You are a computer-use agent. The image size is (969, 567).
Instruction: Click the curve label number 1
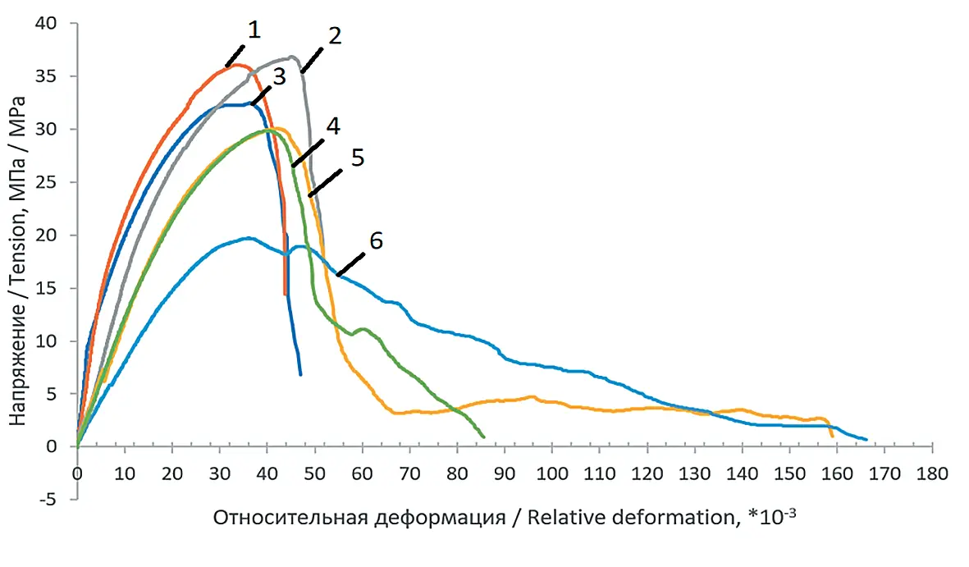[x=254, y=30]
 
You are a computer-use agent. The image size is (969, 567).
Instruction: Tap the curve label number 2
[x=335, y=36]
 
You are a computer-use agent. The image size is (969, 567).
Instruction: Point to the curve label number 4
[x=332, y=126]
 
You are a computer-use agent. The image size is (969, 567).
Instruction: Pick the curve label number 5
[x=357, y=158]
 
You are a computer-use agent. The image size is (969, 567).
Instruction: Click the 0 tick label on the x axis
[x=77, y=475]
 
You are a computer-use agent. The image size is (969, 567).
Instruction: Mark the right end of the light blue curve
[x=866, y=439]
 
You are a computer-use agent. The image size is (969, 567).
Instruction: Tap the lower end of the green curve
[x=484, y=437]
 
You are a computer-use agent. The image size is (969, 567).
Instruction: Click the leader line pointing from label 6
[x=350, y=264]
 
